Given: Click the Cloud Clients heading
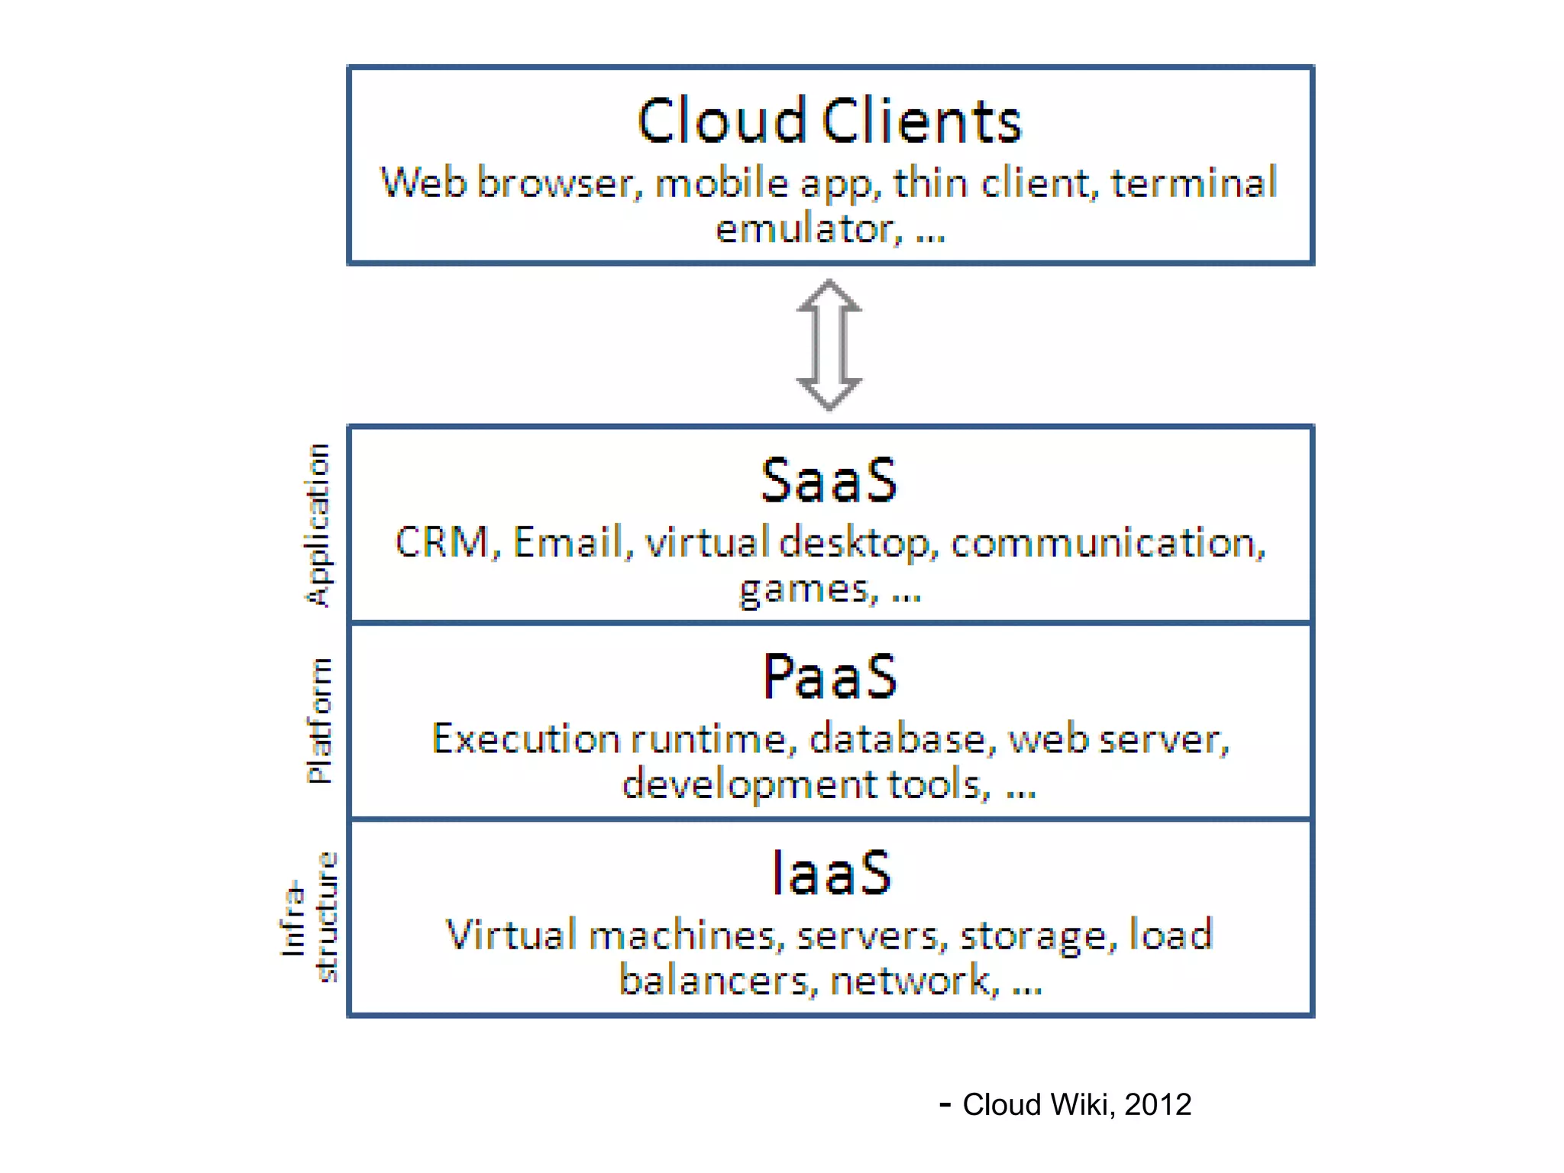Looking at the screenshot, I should (x=829, y=121).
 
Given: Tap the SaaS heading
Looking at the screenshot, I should (x=829, y=480).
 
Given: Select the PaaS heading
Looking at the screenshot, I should (x=829, y=677).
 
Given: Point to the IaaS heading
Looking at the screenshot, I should (x=831, y=873).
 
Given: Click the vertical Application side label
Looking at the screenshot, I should (x=318, y=525).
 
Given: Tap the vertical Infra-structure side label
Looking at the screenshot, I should (x=309, y=916).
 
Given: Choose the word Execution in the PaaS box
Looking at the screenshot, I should (x=526, y=739).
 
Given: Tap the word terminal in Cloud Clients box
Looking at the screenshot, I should (x=1194, y=183).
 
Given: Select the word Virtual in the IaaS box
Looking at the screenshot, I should (x=510, y=935).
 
